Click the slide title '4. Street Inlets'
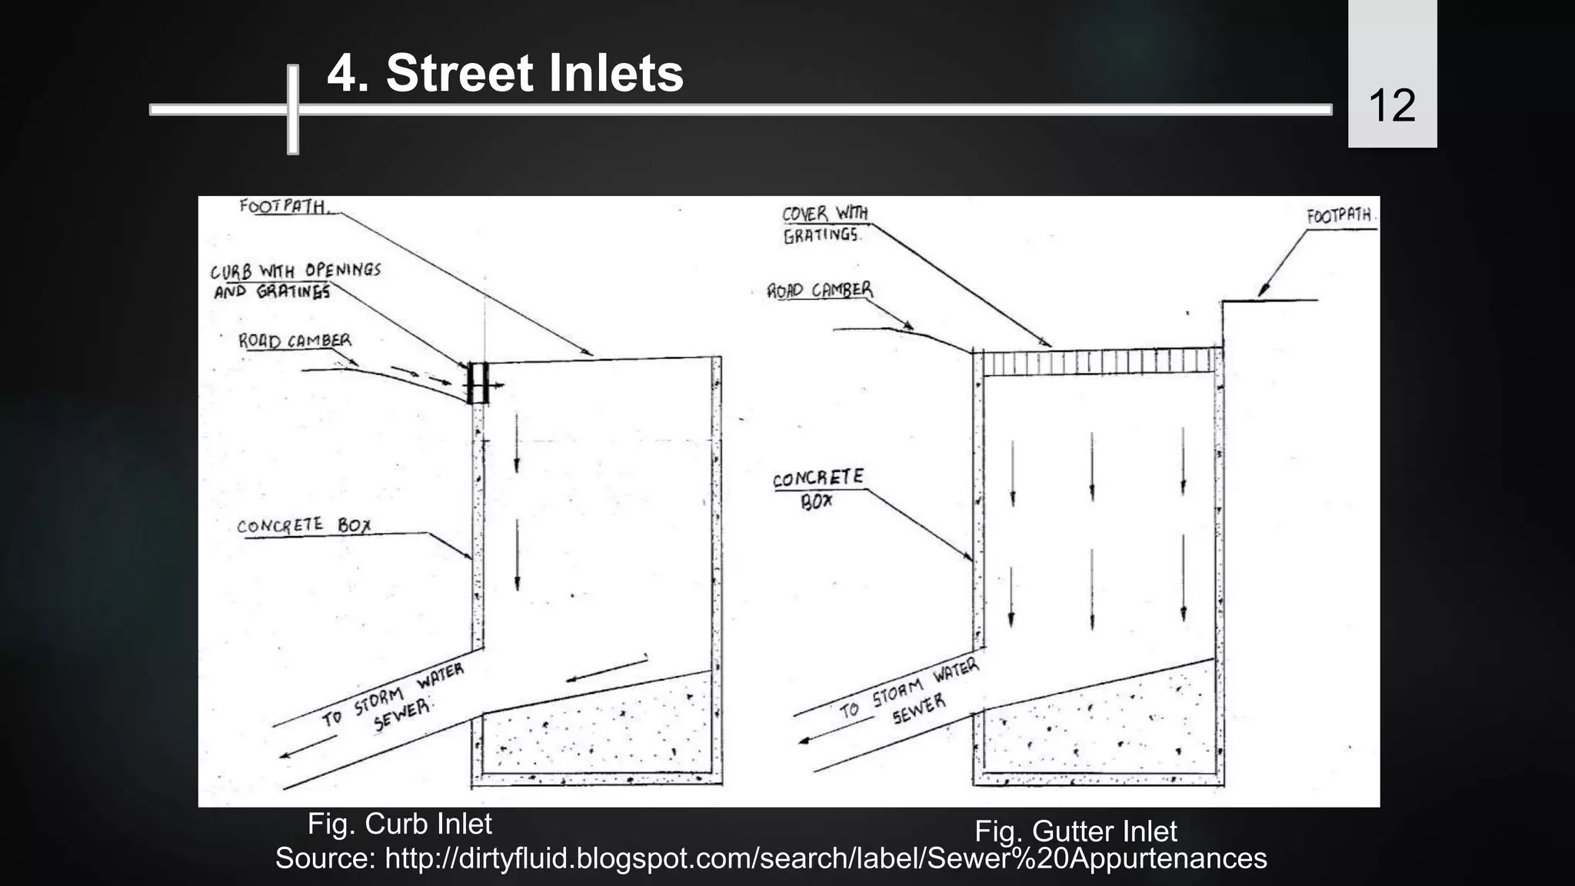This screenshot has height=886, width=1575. tap(504, 74)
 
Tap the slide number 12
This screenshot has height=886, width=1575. tap(1391, 105)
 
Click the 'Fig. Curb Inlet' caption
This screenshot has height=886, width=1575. tap(399, 824)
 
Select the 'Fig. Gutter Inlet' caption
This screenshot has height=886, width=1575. tap(1075, 831)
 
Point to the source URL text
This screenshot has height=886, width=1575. tap(771, 858)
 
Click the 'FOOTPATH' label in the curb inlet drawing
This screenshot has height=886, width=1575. tap(283, 206)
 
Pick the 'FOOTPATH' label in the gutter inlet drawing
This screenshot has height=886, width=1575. tap(1340, 216)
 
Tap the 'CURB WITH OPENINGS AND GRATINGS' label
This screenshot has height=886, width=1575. tap(295, 281)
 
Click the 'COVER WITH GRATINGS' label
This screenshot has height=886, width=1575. tap(824, 224)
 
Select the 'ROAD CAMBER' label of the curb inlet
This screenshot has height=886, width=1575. tap(295, 341)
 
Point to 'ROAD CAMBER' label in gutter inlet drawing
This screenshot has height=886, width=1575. tap(820, 290)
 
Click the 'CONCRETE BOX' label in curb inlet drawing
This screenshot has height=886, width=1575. tap(304, 526)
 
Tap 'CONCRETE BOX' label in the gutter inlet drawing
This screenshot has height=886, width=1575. tap(817, 489)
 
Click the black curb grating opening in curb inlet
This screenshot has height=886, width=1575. tap(478, 382)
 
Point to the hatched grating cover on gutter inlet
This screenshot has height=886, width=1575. tap(1101, 361)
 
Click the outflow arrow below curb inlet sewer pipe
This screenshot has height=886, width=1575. tap(308, 747)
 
